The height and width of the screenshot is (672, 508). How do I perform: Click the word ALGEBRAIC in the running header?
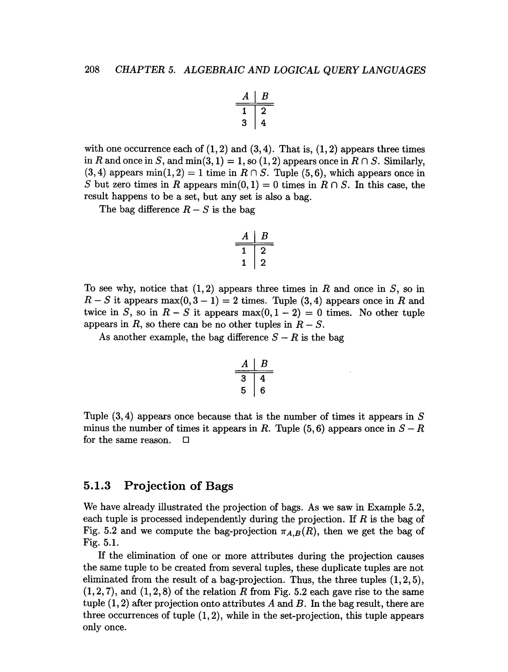coord(214,70)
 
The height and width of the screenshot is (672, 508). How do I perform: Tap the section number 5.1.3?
coord(97,486)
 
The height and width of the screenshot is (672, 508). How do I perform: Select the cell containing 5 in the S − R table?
coord(243,390)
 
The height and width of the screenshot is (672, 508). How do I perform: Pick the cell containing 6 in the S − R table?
coord(263,390)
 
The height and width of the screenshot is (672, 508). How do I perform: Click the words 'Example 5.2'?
coord(395,507)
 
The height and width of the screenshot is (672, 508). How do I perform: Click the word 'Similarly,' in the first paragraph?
coord(404,161)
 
